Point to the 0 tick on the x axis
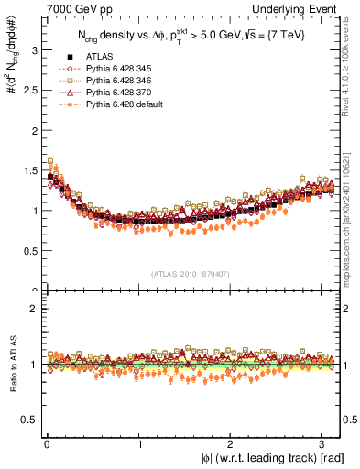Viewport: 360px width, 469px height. point(47,443)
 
